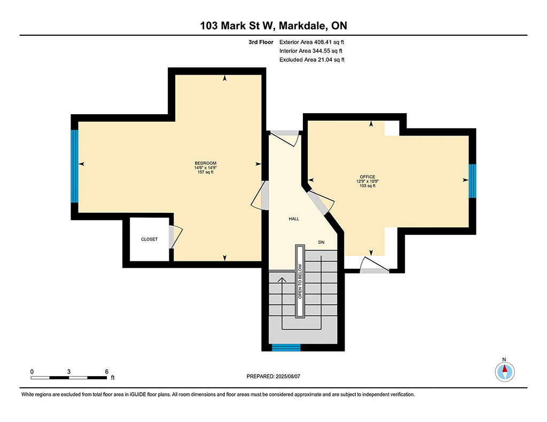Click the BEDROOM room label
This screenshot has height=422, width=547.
click(x=206, y=163)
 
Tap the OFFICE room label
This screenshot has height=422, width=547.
click(x=368, y=177)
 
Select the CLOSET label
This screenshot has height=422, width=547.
click(x=150, y=239)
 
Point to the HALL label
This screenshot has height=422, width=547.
click(x=294, y=219)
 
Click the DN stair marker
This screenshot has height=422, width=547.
click(x=321, y=242)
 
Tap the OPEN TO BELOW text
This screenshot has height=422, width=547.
click(x=300, y=281)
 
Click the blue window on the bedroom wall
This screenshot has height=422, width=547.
click(x=74, y=166)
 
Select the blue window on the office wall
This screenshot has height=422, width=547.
click(x=472, y=181)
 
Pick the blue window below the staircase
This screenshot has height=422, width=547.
click(x=286, y=347)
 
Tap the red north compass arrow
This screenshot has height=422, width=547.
click(x=504, y=369)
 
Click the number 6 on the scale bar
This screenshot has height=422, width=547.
click(x=107, y=372)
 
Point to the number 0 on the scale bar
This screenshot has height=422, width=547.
click(x=32, y=372)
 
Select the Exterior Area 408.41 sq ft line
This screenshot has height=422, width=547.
click(x=311, y=42)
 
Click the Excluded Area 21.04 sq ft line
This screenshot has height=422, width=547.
click(x=312, y=60)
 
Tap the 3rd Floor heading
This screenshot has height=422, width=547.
click(x=261, y=42)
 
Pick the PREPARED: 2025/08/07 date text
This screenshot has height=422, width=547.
click(x=273, y=376)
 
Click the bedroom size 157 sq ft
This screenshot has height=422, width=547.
click(x=206, y=172)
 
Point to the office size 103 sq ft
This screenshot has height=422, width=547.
click(x=368, y=186)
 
